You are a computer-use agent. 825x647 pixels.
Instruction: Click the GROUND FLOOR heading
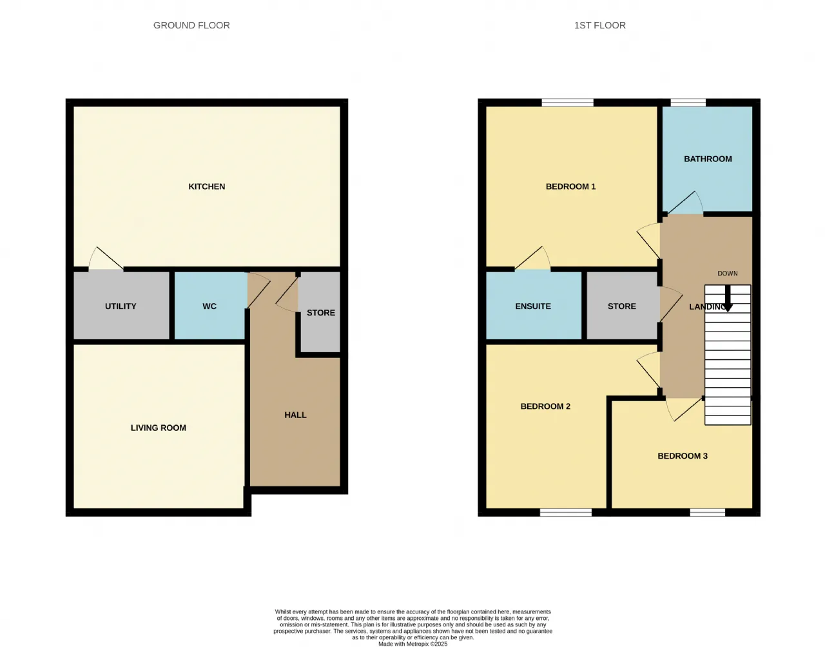[191, 25]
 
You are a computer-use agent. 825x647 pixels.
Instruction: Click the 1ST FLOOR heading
[599, 25]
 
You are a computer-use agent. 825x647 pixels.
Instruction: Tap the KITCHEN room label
[206, 186]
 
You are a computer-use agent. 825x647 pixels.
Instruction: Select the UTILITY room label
[121, 306]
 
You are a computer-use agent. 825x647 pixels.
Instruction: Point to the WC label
[209, 306]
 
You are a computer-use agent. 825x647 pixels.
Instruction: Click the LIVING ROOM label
[159, 428]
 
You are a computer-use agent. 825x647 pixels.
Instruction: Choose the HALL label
[295, 415]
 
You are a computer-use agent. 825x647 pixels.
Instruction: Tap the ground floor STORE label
[321, 313]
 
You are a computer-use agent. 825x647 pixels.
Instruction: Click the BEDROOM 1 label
[570, 186]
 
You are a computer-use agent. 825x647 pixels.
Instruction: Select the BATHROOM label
[708, 159]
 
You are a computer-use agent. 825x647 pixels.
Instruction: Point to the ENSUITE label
[533, 306]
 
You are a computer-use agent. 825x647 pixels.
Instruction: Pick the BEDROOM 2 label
[545, 406]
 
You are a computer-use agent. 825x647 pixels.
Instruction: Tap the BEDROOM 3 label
[683, 456]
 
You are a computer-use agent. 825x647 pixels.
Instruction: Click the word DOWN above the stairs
[728, 274]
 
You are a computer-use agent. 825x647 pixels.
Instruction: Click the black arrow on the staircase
[728, 299]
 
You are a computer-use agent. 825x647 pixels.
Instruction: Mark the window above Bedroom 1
[567, 103]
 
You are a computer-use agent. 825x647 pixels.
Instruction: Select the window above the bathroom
[688, 103]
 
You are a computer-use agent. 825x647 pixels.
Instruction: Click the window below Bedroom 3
[707, 513]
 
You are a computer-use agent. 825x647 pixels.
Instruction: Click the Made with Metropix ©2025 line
[412, 644]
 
